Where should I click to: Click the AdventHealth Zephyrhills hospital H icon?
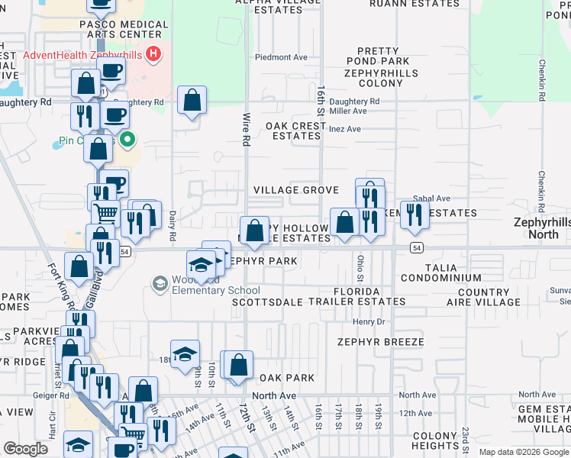[x=153, y=54]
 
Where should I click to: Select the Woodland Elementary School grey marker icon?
[x=160, y=285]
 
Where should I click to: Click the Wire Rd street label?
[x=246, y=131]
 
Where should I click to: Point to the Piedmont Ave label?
[x=281, y=57]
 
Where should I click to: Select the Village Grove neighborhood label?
[x=296, y=190]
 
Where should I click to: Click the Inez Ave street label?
[x=344, y=129]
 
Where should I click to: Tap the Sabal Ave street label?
[x=432, y=198]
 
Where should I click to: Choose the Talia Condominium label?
[x=441, y=272]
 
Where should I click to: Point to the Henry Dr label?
[x=369, y=321]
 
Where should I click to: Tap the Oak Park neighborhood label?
[x=286, y=378]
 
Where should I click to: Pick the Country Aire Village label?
[x=489, y=297]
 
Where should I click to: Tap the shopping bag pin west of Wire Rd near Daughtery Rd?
[x=192, y=99]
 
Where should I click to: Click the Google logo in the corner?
[x=26, y=449]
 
